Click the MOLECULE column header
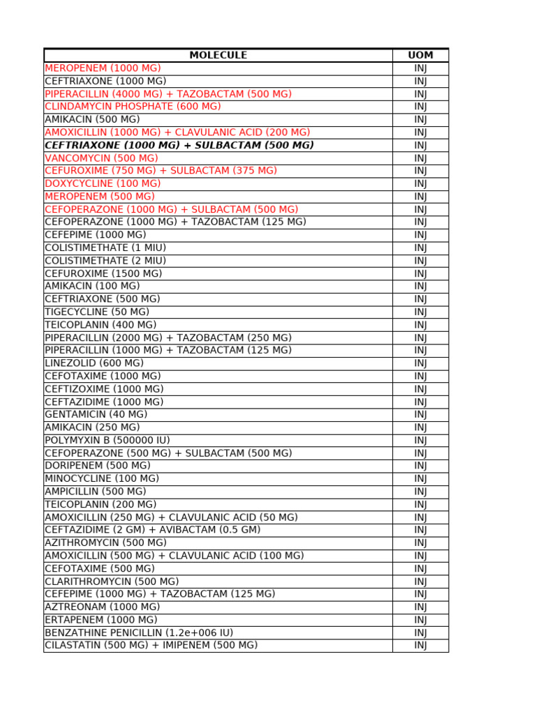click(x=218, y=55)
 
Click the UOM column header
click(x=420, y=55)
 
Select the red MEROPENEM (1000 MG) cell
click(x=103, y=68)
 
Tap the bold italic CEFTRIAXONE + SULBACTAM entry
click(x=179, y=145)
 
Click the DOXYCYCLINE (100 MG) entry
click(x=103, y=183)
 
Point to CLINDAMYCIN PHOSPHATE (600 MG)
click(x=133, y=107)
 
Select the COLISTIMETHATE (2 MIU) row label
click(x=105, y=261)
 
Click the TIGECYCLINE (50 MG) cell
click(x=97, y=312)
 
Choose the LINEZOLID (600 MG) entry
click(x=94, y=363)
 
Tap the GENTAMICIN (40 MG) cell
click(x=96, y=414)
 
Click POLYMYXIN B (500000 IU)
click(x=107, y=440)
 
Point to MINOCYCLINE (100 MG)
click(x=102, y=478)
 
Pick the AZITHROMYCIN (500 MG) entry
click(x=105, y=542)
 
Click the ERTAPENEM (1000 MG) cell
click(x=101, y=619)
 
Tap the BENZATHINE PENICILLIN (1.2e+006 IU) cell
click(x=139, y=632)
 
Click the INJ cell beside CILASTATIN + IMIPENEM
click(x=420, y=645)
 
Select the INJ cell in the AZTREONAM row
click(x=420, y=607)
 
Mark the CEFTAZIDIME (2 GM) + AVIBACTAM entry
click(x=152, y=530)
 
